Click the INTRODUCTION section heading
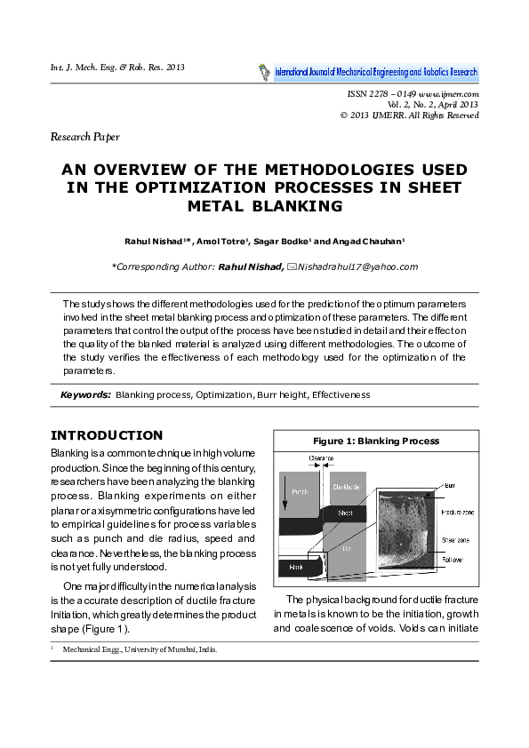107,435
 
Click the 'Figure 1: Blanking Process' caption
376,441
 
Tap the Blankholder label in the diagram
346,486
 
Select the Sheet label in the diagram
345,513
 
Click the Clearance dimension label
321,458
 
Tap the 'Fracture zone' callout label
460,512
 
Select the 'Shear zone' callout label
456,539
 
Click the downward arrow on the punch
285,492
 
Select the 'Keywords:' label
85,394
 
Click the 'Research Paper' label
84,137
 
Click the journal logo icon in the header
264,72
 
